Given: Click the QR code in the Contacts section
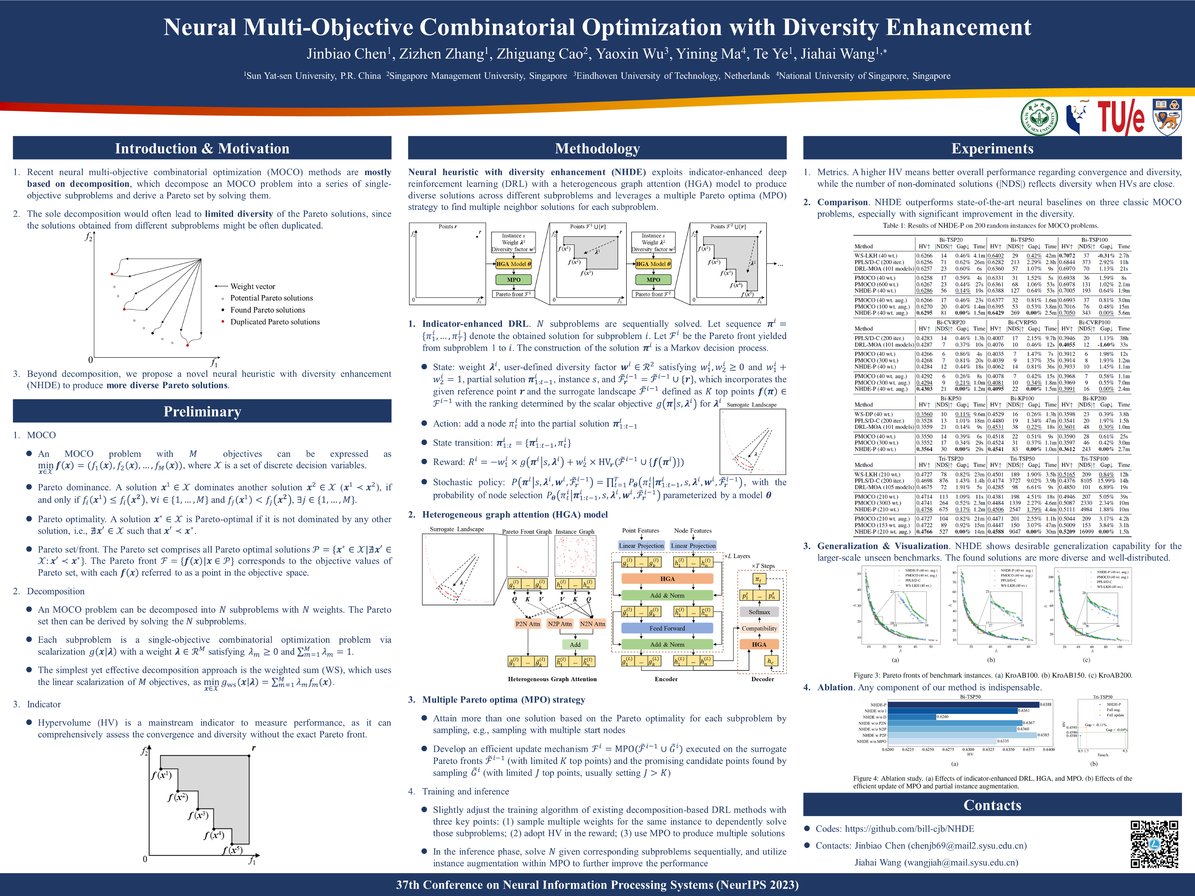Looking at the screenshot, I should click(x=1155, y=844).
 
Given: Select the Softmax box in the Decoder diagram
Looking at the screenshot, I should click(x=759, y=612).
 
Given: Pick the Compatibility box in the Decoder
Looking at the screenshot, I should click(x=759, y=628).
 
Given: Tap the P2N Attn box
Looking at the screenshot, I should click(x=527, y=624).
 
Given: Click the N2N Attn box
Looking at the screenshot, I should click(x=592, y=624).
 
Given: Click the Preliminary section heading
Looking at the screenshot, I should click(x=202, y=412).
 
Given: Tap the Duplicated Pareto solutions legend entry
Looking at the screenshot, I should click(x=275, y=322).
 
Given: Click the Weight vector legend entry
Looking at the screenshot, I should click(x=252, y=286).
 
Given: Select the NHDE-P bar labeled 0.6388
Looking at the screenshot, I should click(x=963, y=704).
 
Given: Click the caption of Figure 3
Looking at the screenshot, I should click(x=992, y=675).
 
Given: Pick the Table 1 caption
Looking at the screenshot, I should click(x=990, y=226).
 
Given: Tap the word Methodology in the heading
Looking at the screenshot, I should click(x=597, y=148).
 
